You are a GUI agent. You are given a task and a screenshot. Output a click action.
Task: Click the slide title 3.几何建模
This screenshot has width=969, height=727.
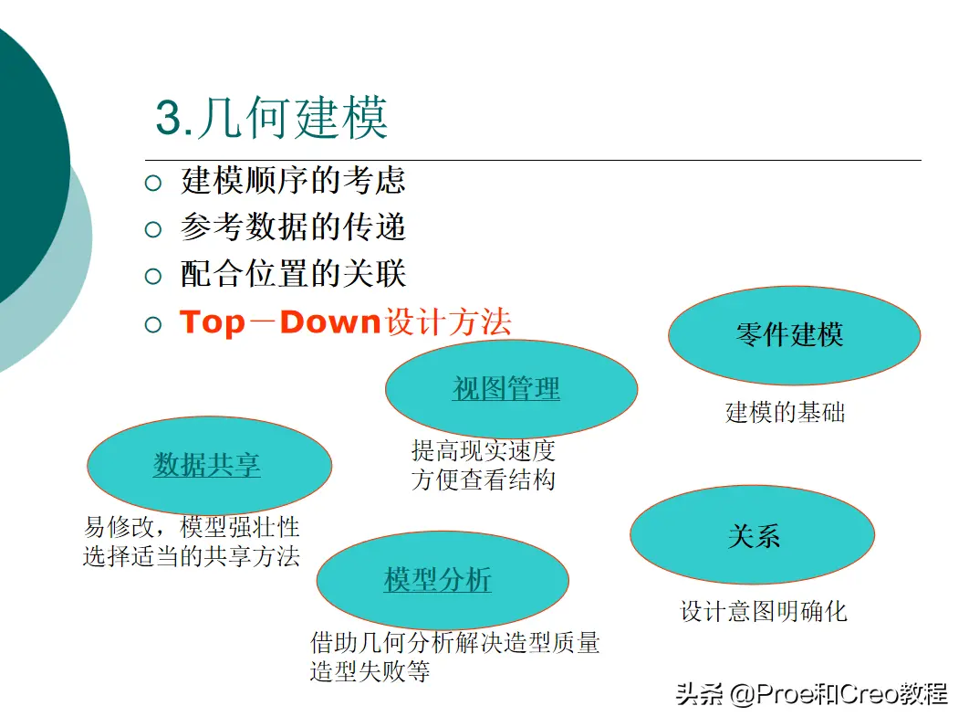(x=271, y=117)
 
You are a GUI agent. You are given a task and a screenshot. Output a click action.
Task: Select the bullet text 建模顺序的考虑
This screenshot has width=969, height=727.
(x=293, y=181)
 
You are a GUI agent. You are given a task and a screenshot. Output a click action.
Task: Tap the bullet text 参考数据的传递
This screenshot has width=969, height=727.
(x=293, y=227)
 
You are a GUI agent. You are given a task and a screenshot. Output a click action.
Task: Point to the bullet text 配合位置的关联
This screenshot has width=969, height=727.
(x=293, y=273)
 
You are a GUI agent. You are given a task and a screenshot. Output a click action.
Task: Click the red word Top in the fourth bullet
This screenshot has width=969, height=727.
(x=212, y=323)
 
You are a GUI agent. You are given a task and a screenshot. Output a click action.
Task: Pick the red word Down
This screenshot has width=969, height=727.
(x=330, y=322)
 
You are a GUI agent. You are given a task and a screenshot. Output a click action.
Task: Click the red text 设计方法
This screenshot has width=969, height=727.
(x=449, y=322)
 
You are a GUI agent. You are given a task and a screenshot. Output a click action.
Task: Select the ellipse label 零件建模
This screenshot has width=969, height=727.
(x=790, y=334)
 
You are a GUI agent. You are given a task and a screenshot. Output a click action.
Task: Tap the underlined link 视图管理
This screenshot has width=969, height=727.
(x=506, y=388)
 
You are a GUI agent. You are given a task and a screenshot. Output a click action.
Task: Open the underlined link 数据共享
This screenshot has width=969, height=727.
(x=206, y=465)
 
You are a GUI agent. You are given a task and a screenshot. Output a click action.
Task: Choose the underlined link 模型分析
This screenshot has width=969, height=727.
(x=438, y=580)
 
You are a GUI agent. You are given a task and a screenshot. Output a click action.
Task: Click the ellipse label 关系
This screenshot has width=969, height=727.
(x=754, y=536)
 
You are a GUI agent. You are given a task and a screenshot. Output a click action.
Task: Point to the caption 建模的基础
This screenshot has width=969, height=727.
(x=785, y=412)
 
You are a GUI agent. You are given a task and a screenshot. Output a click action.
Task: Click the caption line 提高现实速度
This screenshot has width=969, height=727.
(x=484, y=450)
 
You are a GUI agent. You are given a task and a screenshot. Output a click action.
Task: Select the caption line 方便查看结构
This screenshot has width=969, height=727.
(x=484, y=479)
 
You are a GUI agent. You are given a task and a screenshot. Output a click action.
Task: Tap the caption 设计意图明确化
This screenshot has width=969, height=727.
(x=764, y=611)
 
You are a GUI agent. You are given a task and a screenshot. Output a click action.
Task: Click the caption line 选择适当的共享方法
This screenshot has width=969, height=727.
(x=192, y=556)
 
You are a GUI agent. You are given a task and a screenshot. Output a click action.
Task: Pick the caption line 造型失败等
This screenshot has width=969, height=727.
(x=370, y=671)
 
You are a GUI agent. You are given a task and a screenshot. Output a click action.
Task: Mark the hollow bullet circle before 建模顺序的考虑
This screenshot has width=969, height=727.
(x=152, y=184)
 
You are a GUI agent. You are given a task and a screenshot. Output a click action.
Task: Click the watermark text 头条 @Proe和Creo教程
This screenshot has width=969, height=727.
(x=811, y=694)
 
